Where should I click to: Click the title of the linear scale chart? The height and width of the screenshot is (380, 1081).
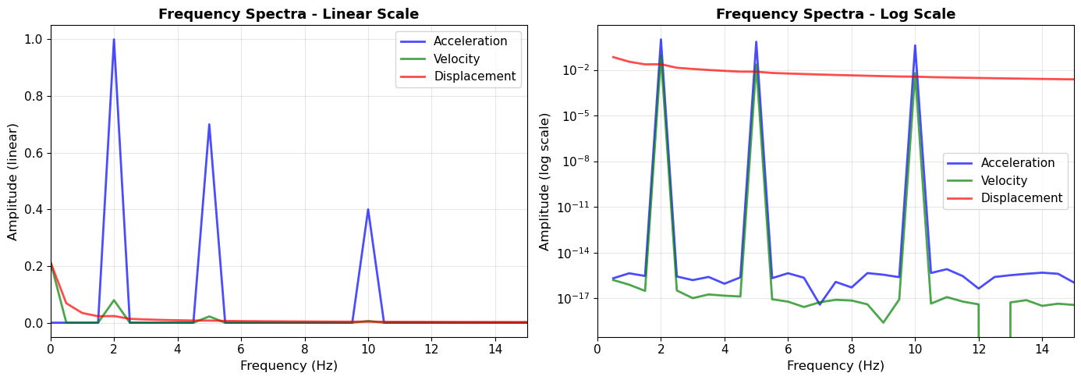pos(289,14)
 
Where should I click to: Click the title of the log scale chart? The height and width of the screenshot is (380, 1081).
pos(835,14)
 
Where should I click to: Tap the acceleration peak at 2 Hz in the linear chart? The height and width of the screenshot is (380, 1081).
pos(114,40)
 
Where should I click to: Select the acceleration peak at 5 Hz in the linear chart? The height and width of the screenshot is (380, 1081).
pos(209,125)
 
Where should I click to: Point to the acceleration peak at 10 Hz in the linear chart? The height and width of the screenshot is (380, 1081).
pos(368,209)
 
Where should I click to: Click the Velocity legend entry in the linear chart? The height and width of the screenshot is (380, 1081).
pos(456,59)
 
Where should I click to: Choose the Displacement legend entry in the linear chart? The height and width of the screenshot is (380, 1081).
pos(474,76)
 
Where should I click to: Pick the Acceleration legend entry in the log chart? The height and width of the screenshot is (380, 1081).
pos(1017,163)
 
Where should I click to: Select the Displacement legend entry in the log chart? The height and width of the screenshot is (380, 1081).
pos(1022,198)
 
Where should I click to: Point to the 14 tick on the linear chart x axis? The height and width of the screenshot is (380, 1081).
pos(494,350)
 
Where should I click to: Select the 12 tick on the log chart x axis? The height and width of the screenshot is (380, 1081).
pos(979,350)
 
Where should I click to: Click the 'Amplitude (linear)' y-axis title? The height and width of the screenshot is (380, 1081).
pos(13,181)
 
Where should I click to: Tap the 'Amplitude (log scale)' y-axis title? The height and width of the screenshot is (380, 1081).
pos(545,181)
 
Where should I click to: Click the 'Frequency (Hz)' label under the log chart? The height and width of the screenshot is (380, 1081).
pos(835,366)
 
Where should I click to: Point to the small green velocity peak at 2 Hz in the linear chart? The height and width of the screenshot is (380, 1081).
pos(114,300)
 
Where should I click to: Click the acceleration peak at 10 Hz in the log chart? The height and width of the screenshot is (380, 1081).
pos(915,46)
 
